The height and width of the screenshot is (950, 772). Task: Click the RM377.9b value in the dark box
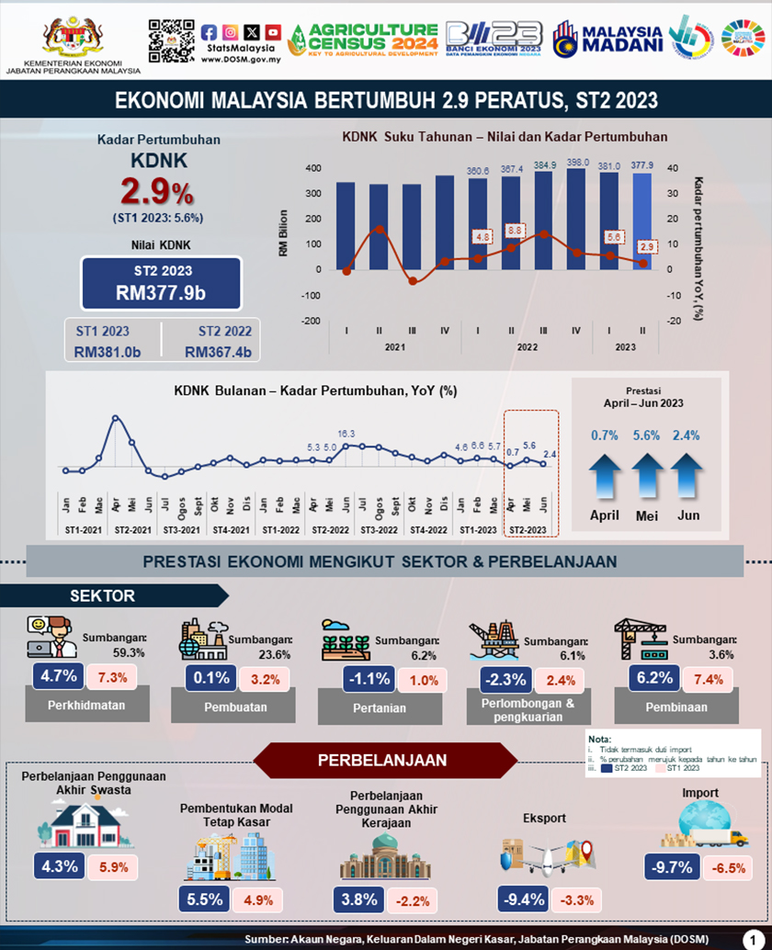click(x=161, y=293)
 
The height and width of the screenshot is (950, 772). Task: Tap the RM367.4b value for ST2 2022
click(x=217, y=351)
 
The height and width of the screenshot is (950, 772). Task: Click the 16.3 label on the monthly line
click(x=346, y=433)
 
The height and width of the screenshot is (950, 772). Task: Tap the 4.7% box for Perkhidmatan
click(x=57, y=678)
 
